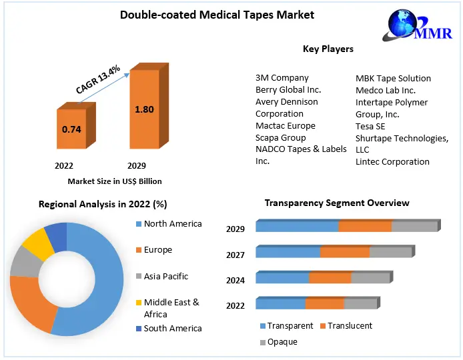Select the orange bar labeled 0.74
click(x=71, y=129)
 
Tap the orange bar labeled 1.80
click(x=144, y=111)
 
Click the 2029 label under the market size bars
click(x=136, y=165)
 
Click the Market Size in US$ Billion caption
click(x=115, y=181)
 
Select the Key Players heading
click(x=328, y=49)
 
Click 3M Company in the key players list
click(x=282, y=78)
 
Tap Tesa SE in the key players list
click(x=370, y=126)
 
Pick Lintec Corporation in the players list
click(x=392, y=161)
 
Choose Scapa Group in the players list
click(x=280, y=137)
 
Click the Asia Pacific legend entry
click(x=165, y=276)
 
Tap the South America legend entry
click(x=172, y=328)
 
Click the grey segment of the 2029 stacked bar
click(x=414, y=227)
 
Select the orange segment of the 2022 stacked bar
click(x=324, y=304)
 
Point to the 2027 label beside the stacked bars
click(x=236, y=255)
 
